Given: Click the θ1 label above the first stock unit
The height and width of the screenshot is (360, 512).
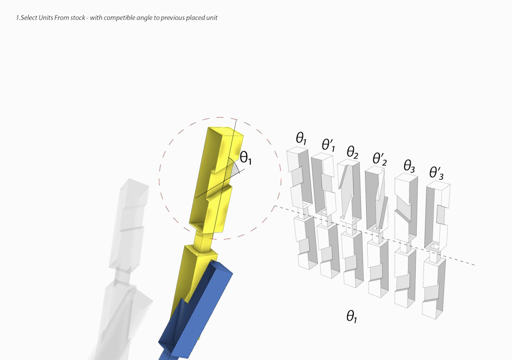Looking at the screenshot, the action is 301,138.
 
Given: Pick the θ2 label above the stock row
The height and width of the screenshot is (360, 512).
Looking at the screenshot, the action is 353,152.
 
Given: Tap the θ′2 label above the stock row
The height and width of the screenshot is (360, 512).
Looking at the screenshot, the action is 379,159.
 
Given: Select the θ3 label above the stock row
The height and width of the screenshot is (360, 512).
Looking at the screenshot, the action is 409,166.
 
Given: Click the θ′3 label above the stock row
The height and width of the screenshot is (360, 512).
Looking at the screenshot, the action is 437,173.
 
